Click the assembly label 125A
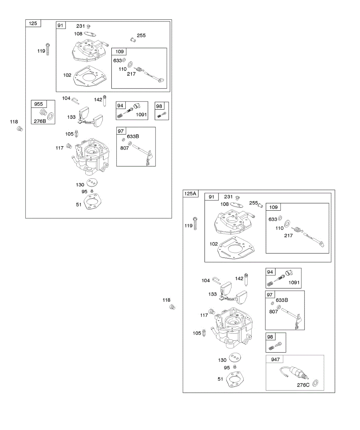[190, 194]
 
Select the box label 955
[38, 104]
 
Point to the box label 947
[275, 359]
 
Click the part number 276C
[303, 385]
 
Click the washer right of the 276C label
[316, 383]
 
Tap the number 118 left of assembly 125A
[166, 300]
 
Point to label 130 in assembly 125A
[222, 360]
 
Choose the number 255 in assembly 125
[141, 35]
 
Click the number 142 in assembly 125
[98, 100]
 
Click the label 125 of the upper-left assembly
[33, 24]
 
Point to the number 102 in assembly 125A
[214, 244]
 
